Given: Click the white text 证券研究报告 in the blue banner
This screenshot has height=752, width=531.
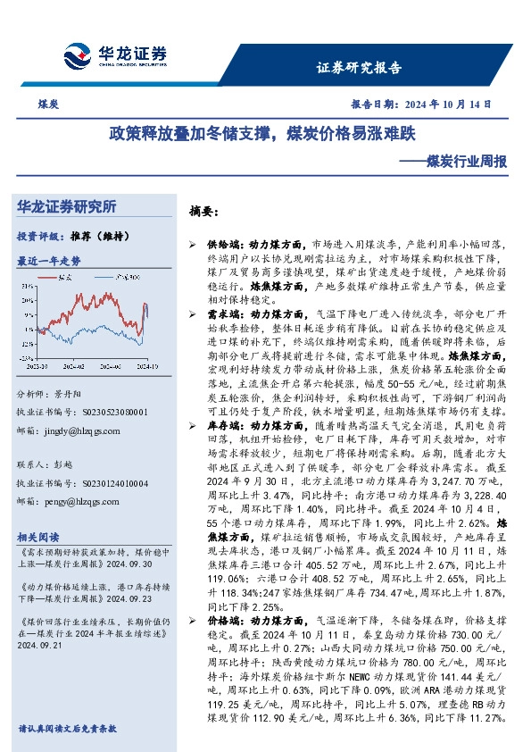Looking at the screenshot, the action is coord(360,67).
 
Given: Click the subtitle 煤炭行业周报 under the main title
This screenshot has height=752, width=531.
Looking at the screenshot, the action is coord(466,163).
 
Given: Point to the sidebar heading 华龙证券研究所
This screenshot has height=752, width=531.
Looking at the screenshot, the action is coord(66,207).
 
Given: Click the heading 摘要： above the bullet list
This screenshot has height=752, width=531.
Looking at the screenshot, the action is coord(203,213).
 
